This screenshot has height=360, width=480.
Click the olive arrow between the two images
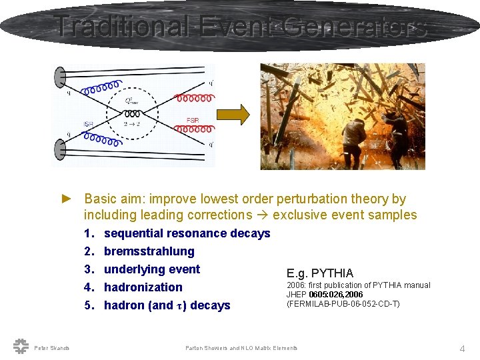(x=235, y=115)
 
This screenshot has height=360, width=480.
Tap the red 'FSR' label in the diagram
(x=193, y=120)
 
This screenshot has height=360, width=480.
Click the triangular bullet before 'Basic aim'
(x=65, y=199)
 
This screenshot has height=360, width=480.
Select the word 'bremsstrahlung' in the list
(x=149, y=251)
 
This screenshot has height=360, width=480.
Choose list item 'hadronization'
(x=143, y=287)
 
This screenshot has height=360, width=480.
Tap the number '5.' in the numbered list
(x=90, y=305)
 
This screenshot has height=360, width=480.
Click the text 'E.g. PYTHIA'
(x=320, y=273)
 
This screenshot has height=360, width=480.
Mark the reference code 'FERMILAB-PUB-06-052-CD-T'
(x=343, y=304)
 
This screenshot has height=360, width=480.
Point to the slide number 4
(x=462, y=348)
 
